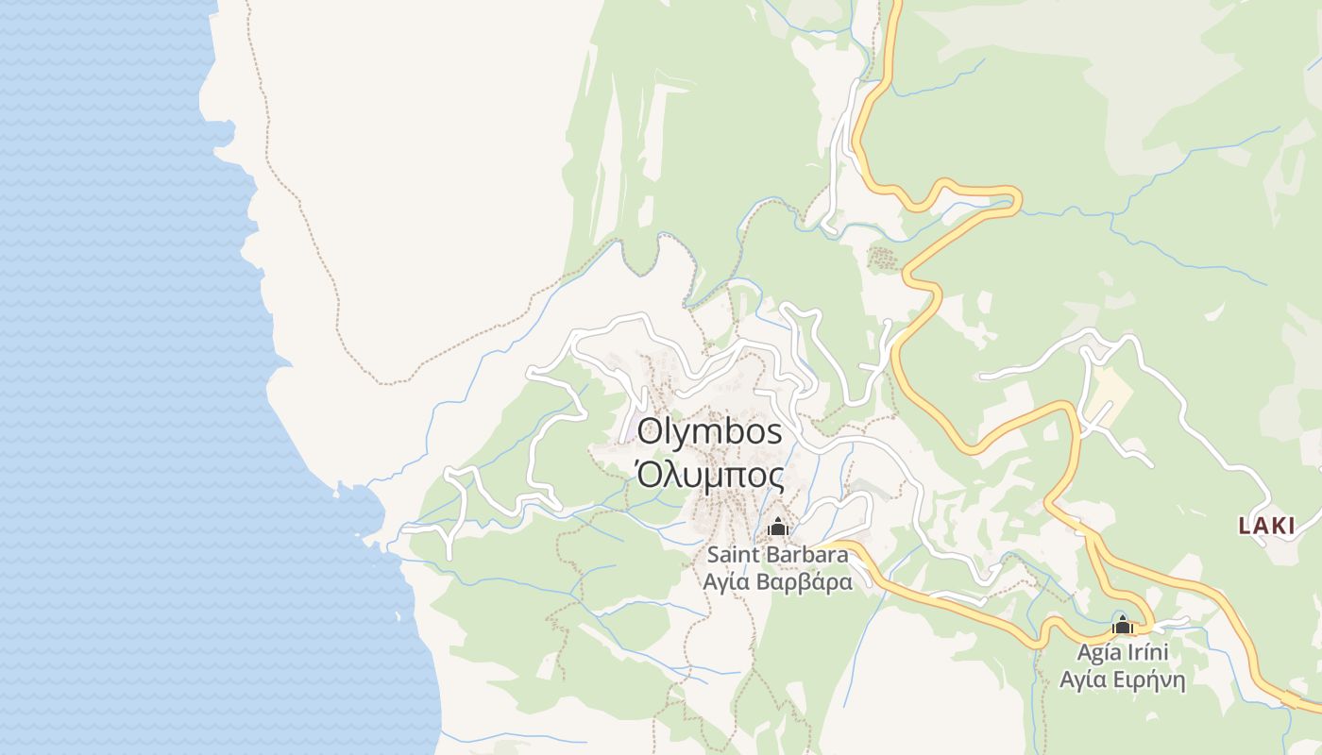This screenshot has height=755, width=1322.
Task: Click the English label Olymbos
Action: [710, 431]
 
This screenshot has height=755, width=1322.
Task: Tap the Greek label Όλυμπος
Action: [710, 474]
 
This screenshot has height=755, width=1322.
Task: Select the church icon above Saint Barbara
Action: [777, 527]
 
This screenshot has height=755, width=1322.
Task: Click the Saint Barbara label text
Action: [777, 554]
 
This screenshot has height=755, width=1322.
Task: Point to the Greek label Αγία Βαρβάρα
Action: [777, 581]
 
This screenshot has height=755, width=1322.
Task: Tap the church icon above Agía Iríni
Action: [1122, 625]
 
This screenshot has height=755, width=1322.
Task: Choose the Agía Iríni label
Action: [1123, 652]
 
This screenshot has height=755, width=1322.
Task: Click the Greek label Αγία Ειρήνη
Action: [1122, 679]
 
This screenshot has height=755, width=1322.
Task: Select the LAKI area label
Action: [1266, 527]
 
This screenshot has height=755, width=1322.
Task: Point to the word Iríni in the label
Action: [1146, 652]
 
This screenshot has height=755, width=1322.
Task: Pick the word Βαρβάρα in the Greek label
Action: [805, 581]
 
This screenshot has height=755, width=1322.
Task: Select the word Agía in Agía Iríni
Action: [1097, 652]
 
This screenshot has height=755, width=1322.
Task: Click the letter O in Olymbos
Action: [650, 431]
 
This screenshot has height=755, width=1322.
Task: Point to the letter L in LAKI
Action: [1245, 527]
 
